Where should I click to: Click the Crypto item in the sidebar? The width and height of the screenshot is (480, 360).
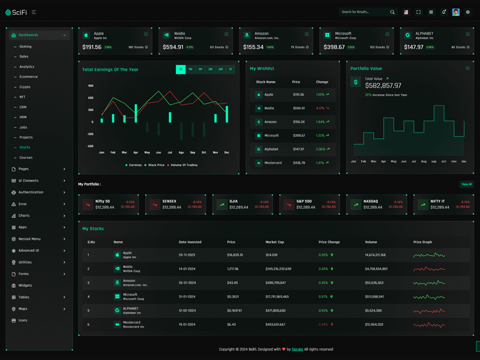click(x=25, y=87)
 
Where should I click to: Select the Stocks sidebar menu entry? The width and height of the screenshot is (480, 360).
click(x=25, y=148)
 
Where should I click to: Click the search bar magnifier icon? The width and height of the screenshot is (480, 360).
click(x=392, y=12)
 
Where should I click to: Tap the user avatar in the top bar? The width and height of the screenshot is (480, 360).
click(x=456, y=12)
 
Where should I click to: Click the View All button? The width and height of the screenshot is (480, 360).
click(x=466, y=184)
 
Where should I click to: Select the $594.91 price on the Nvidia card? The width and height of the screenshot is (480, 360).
click(x=173, y=47)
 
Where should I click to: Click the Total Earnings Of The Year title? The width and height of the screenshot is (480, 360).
click(x=110, y=70)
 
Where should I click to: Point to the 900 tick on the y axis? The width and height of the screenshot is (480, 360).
click(x=91, y=86)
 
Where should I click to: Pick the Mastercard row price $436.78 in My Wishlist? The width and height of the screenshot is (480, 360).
click(x=299, y=163)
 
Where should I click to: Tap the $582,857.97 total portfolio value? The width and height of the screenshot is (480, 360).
click(x=383, y=86)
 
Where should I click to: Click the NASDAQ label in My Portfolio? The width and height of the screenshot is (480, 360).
click(x=370, y=201)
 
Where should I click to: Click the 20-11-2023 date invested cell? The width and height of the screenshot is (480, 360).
click(x=187, y=255)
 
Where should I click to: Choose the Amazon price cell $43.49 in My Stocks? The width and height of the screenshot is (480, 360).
click(x=232, y=283)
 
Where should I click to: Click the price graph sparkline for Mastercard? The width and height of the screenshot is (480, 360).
click(x=429, y=325)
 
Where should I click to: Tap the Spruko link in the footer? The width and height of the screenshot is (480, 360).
click(x=297, y=349)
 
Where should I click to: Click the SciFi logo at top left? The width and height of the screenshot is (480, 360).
click(x=16, y=12)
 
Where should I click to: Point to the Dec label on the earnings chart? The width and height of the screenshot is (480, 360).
click(x=227, y=152)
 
